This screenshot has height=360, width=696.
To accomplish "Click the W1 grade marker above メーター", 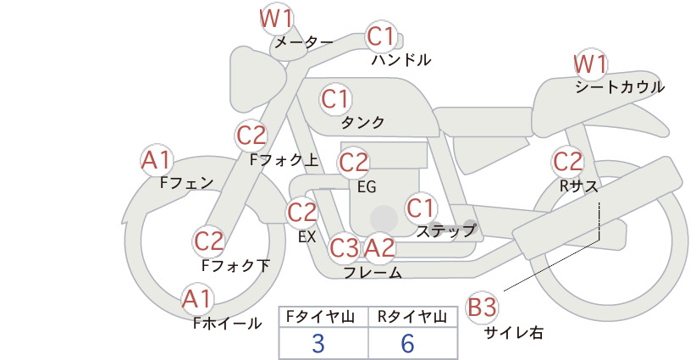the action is tap(277, 19).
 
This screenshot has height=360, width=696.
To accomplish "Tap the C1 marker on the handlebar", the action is tap(381, 36).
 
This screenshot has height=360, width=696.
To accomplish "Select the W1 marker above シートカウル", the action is tap(590, 64).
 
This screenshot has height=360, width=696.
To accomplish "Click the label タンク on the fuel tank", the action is tap(362, 122).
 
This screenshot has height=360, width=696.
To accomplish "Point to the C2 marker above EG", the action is tap(353, 163).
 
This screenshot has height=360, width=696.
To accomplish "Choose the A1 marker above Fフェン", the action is tap(157, 160).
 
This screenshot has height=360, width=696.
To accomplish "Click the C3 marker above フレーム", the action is tap(344, 247).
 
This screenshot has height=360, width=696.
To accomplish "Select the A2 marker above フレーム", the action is tap(379, 247).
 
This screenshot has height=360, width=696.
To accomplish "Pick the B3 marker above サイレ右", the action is tap(482, 307).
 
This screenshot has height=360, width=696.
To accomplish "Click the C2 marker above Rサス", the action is tap(567, 162).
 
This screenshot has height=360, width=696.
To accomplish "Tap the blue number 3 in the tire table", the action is tap(318, 344).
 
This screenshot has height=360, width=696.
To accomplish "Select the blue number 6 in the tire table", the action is tap(407, 344).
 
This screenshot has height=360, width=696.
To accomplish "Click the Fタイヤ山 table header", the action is tap(320, 317).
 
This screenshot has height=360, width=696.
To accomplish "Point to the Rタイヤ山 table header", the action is tap(412, 317).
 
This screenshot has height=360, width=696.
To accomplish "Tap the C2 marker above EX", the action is tap(301, 212).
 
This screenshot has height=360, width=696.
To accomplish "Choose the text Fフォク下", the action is tap(235, 266).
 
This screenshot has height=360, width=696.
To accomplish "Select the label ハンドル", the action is tap(401, 60).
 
